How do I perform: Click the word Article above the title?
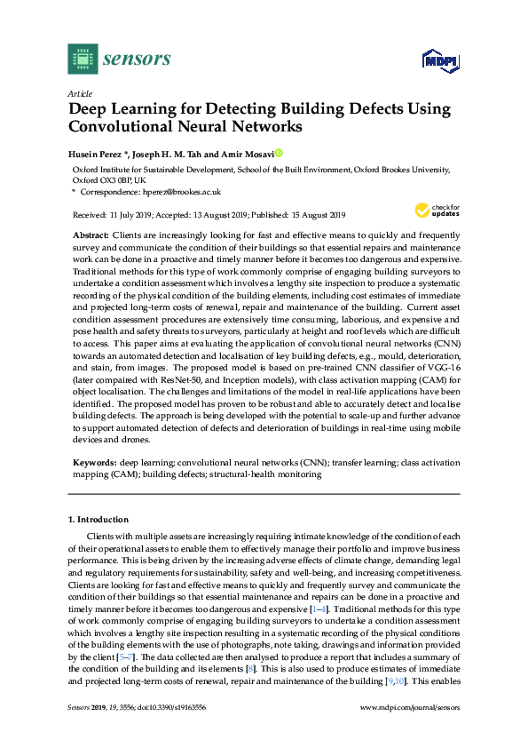(78, 93)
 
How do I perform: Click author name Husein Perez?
(99, 154)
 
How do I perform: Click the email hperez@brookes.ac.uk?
(182, 191)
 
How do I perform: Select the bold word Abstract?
(91, 234)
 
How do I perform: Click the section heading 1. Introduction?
(98, 519)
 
